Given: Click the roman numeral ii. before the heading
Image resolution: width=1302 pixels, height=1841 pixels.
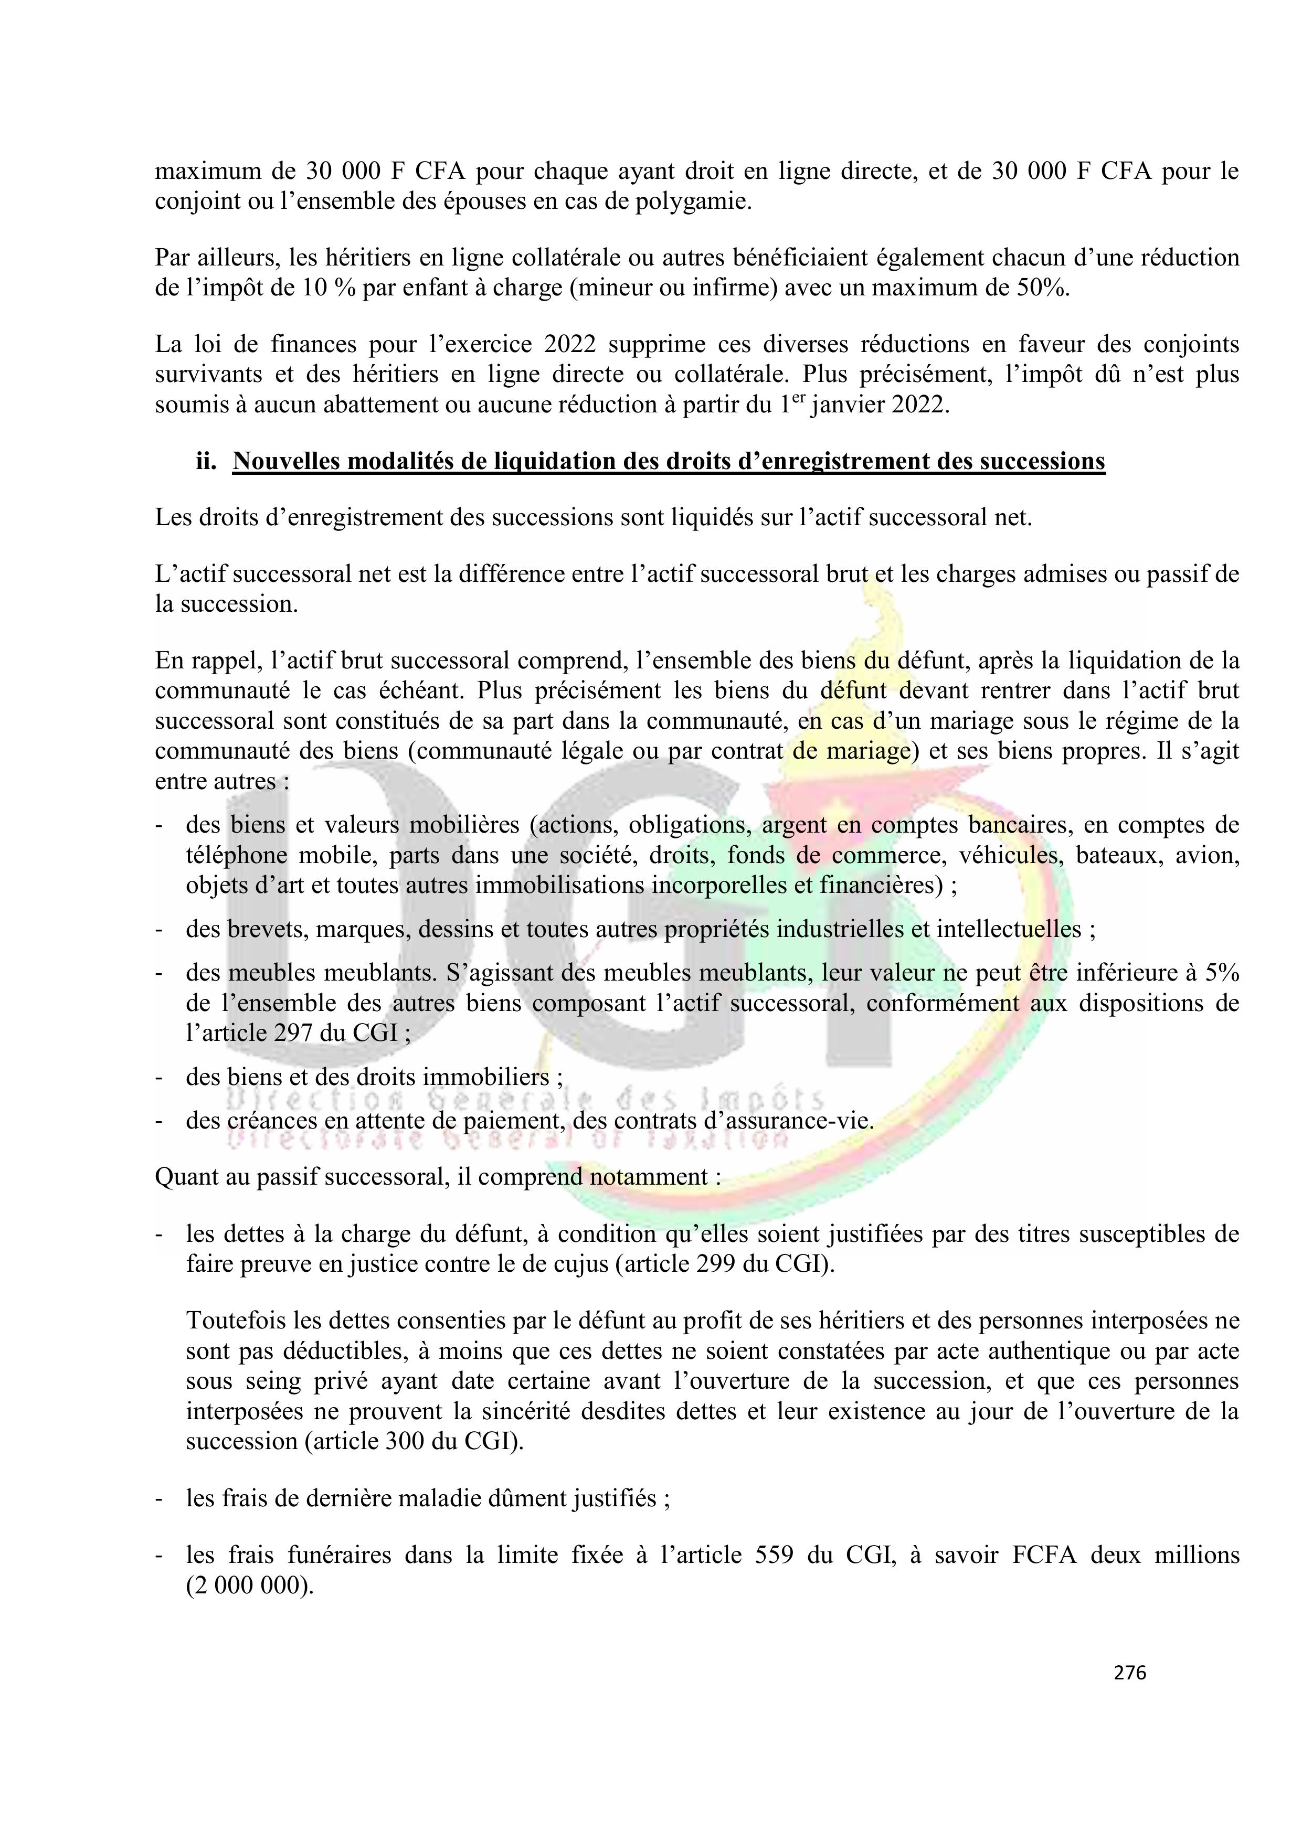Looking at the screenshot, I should click(x=207, y=462).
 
